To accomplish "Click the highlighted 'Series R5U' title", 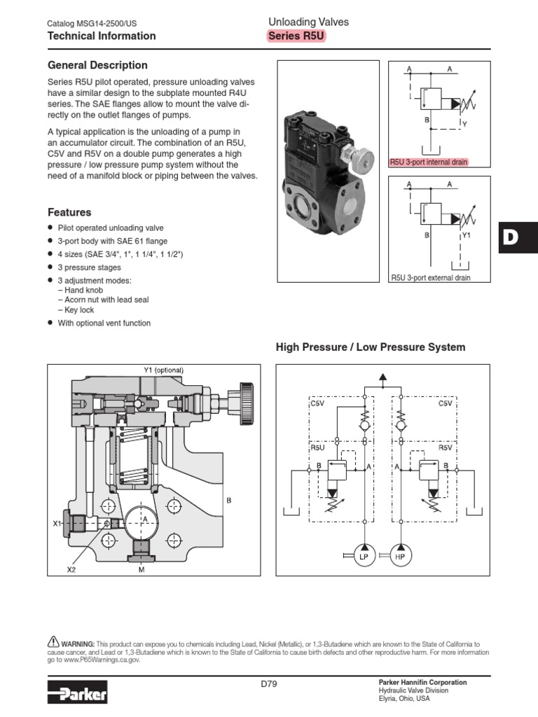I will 297,36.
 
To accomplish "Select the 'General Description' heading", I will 97,65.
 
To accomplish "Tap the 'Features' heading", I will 69,212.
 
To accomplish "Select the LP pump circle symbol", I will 364,556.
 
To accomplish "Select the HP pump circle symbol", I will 399,556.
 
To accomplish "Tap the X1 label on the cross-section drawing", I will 57,523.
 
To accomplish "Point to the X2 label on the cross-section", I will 71,570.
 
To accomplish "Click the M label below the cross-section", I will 142,570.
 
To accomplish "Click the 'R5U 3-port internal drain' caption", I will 429,162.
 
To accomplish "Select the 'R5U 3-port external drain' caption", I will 430,278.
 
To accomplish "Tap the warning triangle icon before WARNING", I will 53,641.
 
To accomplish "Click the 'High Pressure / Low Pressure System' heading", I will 371,347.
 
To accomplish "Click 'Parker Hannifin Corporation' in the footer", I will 422,682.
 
